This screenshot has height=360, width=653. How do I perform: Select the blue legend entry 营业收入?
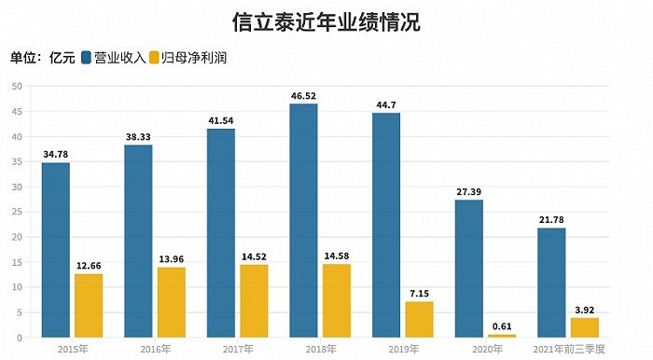click(120, 58)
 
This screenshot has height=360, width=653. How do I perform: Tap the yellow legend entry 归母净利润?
click(196, 58)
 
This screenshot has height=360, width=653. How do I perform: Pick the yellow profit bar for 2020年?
click(501, 335)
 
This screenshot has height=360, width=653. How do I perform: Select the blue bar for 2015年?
click(55, 250)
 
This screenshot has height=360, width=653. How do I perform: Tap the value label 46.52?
click(303, 95)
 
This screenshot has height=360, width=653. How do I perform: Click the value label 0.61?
click(501, 325)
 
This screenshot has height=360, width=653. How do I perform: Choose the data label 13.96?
click(171, 258)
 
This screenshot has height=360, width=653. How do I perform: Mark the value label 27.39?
click(468, 191)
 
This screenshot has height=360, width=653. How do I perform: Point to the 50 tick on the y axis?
click(17, 86)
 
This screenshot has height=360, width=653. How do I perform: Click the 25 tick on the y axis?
click(17, 212)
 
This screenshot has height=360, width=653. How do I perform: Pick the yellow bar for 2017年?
click(254, 300)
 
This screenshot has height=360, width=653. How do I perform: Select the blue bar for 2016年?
click(138, 241)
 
